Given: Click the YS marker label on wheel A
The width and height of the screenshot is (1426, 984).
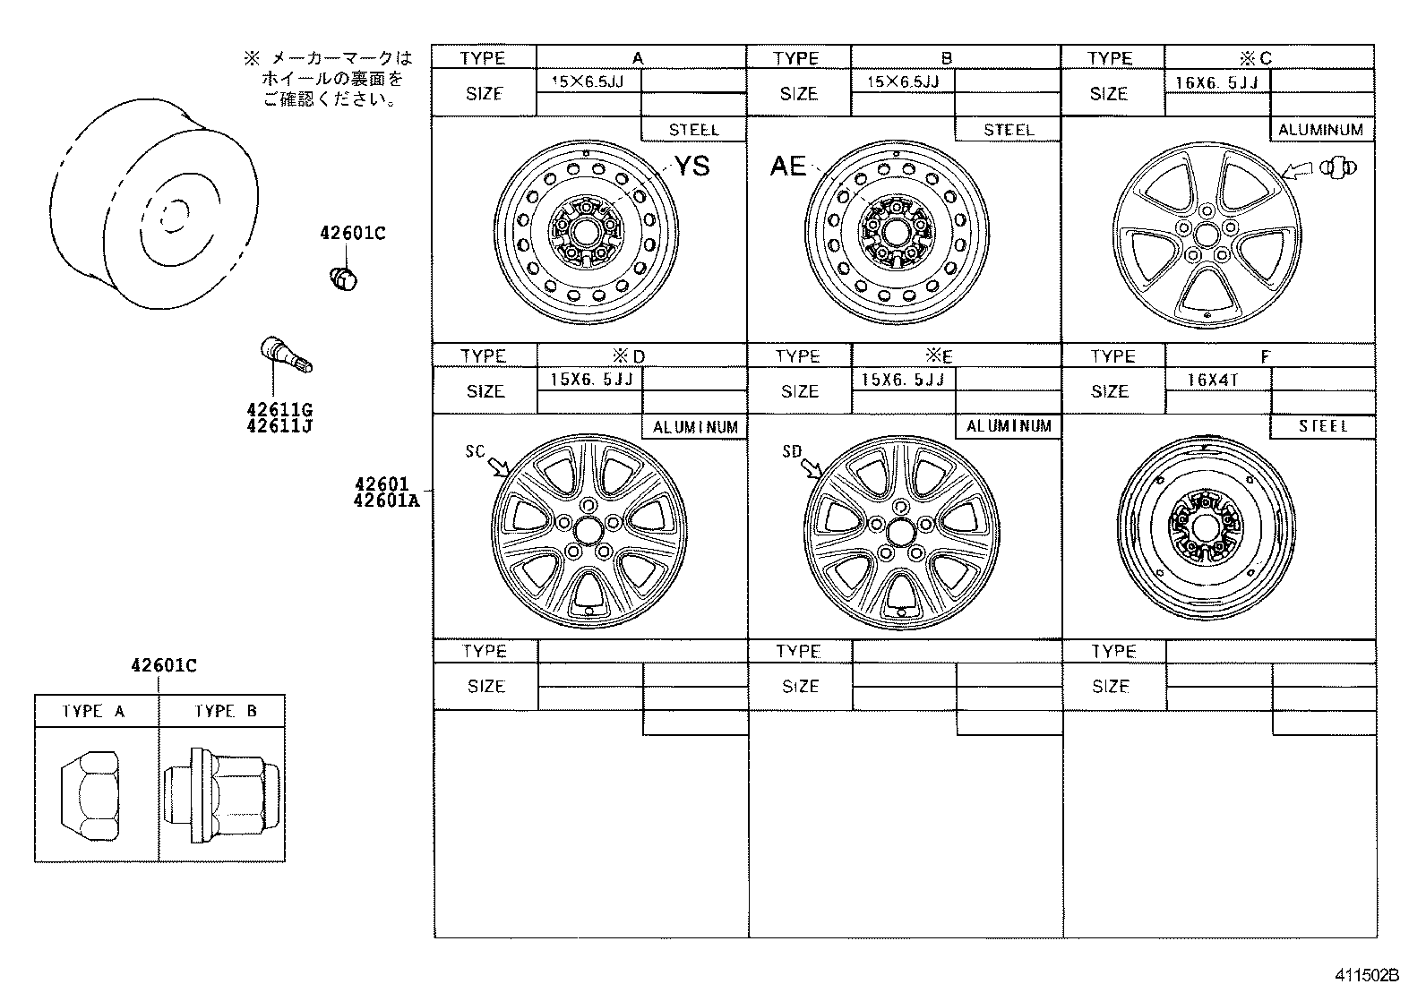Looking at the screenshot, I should click(692, 166).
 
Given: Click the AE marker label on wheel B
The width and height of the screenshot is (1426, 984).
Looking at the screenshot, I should click(788, 166).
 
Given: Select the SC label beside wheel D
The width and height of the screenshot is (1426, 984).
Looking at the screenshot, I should click(475, 451).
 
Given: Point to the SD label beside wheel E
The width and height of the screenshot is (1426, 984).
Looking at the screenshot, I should click(792, 451).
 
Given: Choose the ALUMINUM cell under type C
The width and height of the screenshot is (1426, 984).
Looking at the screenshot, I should click(1320, 130).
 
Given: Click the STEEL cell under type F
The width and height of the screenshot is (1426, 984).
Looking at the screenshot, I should click(1323, 426).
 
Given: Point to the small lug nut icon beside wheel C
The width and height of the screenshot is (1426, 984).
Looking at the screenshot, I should click(1337, 166).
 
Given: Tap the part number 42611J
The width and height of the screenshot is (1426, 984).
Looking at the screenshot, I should click(279, 426).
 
